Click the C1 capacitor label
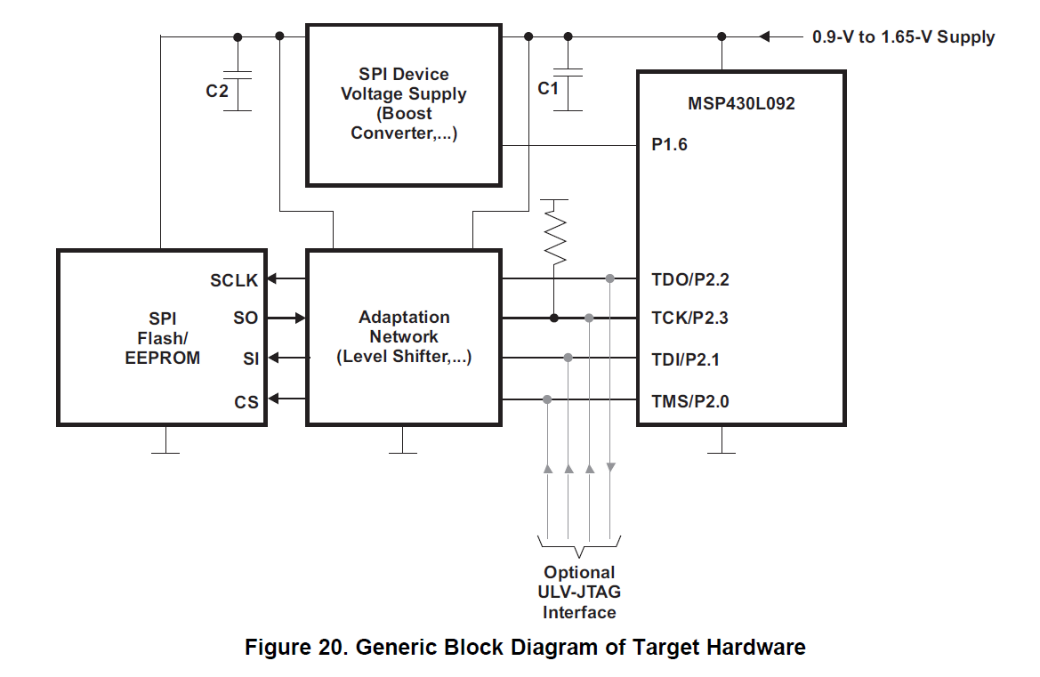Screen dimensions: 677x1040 [x=548, y=89]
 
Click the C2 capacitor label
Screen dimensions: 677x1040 [x=217, y=91]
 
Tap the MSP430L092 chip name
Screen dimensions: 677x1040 [x=741, y=103]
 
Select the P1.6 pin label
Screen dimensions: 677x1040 [x=669, y=145]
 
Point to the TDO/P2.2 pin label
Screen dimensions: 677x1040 [x=689, y=279]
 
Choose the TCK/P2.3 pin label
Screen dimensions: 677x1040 [x=689, y=318]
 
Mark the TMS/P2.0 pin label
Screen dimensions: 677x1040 [x=689, y=401]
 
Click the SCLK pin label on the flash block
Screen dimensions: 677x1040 [x=234, y=280]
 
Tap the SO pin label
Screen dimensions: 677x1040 [x=246, y=318]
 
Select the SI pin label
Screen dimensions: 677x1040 [x=251, y=359]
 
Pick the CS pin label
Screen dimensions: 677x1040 [x=246, y=402]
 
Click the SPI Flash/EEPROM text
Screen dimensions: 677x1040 [x=162, y=338]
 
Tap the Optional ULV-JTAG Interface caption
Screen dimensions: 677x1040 [x=579, y=592]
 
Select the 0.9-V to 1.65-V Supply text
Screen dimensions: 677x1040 [x=903, y=37]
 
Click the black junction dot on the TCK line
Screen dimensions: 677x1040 [x=554, y=318]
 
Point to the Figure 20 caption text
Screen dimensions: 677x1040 [x=525, y=648]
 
